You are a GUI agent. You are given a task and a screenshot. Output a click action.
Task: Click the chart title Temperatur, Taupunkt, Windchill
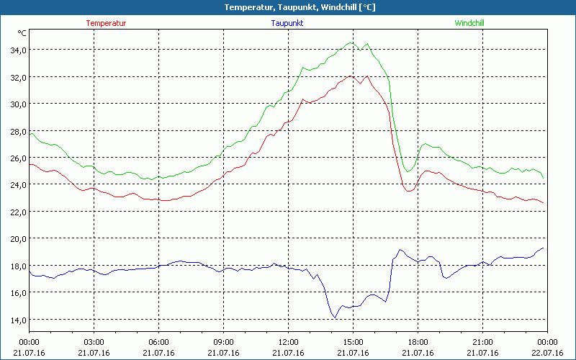click(288, 7)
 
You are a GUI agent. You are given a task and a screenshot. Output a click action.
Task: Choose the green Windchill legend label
click(469, 23)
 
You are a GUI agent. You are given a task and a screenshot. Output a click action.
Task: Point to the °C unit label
click(22, 33)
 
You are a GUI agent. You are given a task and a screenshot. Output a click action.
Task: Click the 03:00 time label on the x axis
click(94, 341)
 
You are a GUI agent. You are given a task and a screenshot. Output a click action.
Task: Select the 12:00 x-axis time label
click(288, 341)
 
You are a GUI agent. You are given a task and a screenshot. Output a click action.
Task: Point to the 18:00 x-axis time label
click(418, 341)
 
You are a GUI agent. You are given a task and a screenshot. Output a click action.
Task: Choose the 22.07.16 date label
click(546, 353)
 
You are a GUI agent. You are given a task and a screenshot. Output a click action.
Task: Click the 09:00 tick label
click(224, 341)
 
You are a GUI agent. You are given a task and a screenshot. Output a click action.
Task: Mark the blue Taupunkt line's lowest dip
click(335, 318)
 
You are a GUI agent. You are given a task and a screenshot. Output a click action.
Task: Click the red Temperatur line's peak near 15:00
click(351, 76)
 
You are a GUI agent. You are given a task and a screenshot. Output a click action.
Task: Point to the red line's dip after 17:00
click(409, 191)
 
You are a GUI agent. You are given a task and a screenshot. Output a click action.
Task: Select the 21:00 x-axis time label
click(482, 341)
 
